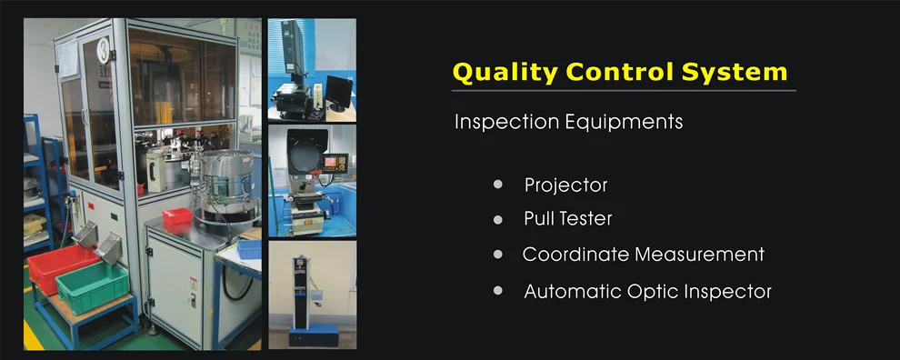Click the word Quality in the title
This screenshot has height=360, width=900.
[x=505, y=74]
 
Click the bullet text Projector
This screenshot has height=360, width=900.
[x=566, y=185]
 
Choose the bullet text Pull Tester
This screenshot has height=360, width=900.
[x=568, y=219]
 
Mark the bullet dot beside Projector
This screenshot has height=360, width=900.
[x=497, y=185]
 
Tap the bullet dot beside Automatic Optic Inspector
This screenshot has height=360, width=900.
[x=497, y=291]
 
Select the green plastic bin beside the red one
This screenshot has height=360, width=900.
[x=92, y=288]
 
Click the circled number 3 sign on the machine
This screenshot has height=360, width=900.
[x=104, y=51]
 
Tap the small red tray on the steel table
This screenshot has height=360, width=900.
[x=176, y=216]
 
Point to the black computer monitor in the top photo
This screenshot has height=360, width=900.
[x=339, y=92]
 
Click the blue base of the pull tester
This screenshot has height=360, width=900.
[x=314, y=335]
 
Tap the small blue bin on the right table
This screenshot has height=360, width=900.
[x=249, y=249]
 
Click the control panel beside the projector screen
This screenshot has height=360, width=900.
[x=335, y=164]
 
